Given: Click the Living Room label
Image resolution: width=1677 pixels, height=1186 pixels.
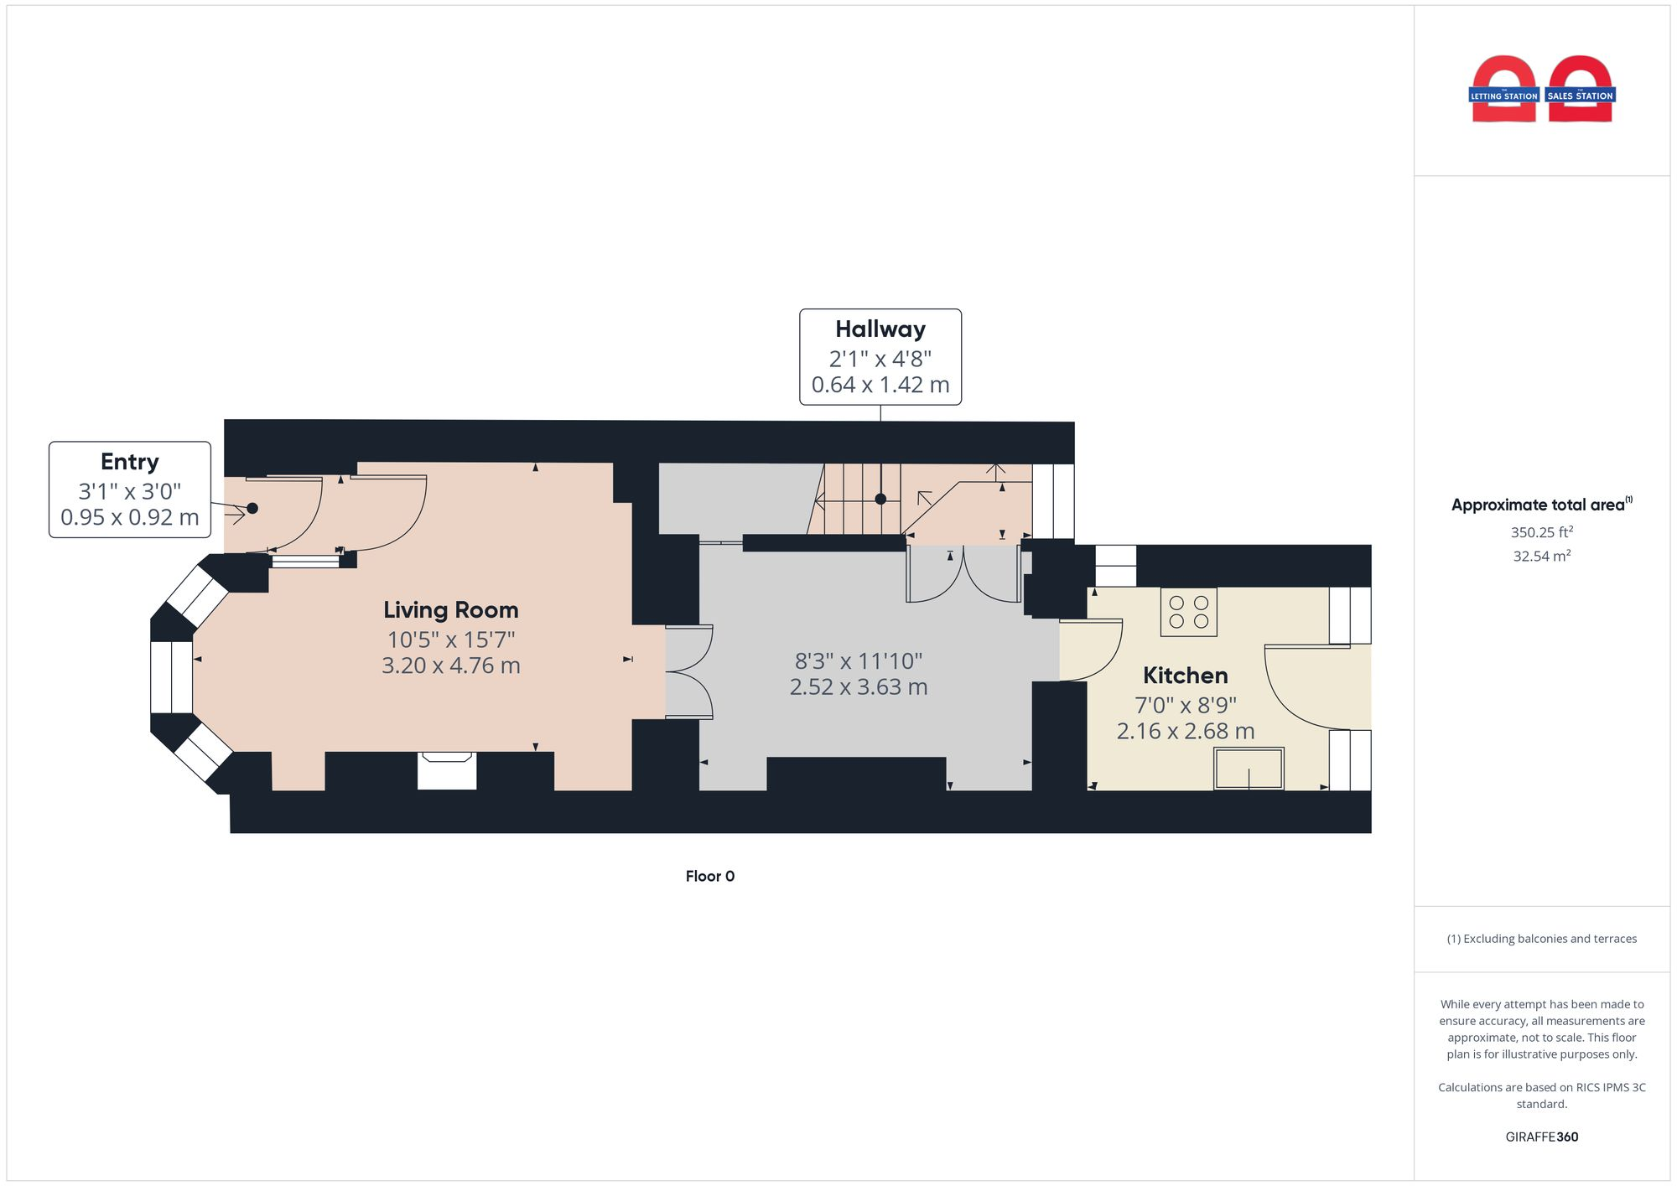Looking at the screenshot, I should click(450, 609).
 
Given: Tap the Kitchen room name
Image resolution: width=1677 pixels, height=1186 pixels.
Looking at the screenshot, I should click(1185, 675).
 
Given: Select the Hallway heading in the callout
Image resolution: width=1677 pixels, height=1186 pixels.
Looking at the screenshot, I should click(880, 329).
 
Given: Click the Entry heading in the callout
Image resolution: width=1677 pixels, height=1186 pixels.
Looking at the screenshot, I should click(129, 462).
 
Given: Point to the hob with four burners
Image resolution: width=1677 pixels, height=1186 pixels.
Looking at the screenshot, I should click(1188, 612).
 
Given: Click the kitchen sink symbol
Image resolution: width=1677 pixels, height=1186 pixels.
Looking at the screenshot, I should click(1249, 769).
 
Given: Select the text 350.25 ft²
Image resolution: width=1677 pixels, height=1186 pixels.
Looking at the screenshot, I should click(1541, 532).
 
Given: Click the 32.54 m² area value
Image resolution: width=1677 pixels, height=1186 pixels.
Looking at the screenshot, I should click(1541, 556).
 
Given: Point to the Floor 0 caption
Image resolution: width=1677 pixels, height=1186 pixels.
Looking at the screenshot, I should click(709, 876).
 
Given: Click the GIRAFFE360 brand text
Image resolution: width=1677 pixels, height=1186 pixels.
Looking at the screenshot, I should click(1541, 1137).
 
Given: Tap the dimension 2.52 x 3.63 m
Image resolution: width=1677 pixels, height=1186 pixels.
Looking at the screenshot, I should click(858, 687).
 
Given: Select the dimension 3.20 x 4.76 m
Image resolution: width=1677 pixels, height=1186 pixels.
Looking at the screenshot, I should click(450, 666).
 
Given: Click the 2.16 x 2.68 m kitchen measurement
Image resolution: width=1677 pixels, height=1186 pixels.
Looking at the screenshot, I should click(1185, 731).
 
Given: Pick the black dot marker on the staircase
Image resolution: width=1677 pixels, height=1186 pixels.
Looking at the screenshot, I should click(880, 499).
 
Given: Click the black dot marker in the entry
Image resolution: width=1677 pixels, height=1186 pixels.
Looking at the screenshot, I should click(252, 508).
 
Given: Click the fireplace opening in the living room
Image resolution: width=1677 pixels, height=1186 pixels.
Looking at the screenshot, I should click(447, 769).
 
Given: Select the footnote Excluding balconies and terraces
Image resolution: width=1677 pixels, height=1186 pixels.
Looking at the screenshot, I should click(1541, 939).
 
